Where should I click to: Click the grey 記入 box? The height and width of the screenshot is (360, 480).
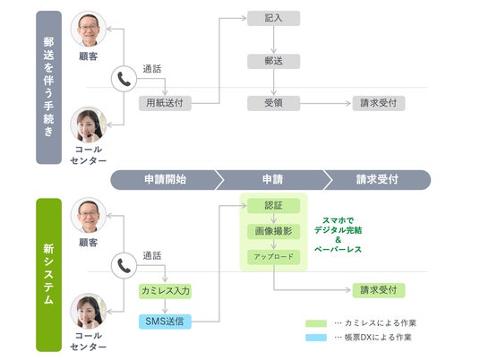273,19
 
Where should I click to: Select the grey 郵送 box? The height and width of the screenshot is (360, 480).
273,61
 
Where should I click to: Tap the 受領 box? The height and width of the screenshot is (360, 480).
273,103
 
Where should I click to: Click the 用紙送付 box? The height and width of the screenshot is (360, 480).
165,103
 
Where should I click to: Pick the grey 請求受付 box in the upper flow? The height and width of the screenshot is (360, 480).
379,103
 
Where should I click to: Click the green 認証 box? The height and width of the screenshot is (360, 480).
273,206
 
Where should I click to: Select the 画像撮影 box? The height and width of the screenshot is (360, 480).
273,231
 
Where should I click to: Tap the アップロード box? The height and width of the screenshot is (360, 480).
273,257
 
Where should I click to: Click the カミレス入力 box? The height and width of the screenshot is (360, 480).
165,291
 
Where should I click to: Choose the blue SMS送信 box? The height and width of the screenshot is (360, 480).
165,321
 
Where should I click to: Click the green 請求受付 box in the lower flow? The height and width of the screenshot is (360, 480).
379,290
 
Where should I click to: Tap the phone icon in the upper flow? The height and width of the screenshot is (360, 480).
124,79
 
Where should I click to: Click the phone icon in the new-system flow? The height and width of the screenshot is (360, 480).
124,265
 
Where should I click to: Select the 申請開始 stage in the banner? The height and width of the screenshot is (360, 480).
166,180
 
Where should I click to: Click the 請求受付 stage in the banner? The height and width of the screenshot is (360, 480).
377,180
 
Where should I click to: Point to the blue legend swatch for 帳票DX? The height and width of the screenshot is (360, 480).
316,338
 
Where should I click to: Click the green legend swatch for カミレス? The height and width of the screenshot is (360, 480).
316,323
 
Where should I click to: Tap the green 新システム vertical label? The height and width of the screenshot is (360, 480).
48,275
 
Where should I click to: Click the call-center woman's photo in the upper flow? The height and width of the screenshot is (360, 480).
89,124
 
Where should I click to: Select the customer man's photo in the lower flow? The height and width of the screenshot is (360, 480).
89,215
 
